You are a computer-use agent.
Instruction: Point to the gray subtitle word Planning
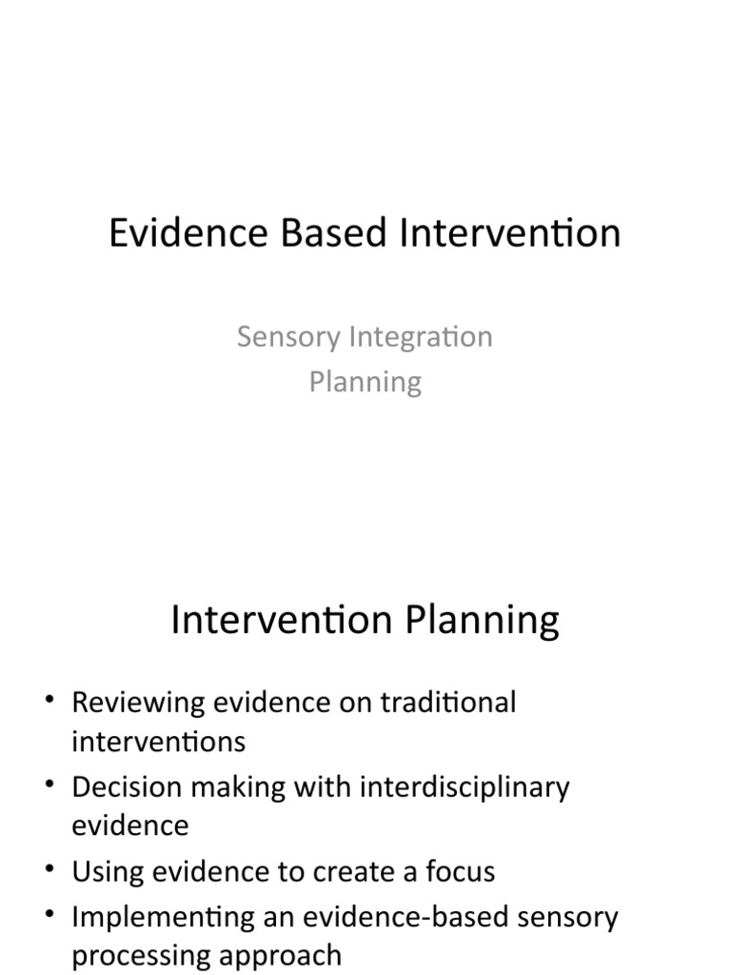365,382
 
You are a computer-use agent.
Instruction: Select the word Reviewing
138,703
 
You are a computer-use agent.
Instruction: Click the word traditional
448,703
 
